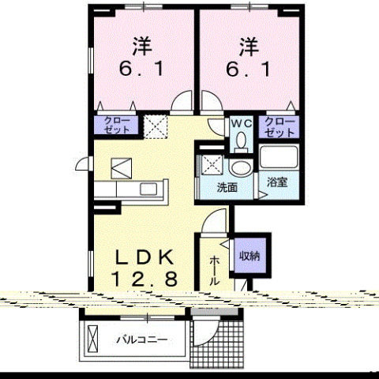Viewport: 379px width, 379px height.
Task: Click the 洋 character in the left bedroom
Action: (142, 46)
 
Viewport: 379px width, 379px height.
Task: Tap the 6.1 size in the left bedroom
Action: (142, 69)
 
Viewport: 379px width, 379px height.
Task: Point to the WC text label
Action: (240, 123)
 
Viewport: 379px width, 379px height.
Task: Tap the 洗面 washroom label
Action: (228, 188)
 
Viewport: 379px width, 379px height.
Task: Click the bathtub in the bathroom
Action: (277, 158)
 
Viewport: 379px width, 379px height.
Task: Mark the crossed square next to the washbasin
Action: (211, 165)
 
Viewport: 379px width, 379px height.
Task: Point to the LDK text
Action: (142, 257)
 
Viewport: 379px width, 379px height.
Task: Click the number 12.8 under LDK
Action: (142, 278)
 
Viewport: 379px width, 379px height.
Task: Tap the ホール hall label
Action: (216, 268)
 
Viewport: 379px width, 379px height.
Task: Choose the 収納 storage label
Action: (250, 254)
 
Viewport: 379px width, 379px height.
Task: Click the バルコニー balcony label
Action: (139, 341)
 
